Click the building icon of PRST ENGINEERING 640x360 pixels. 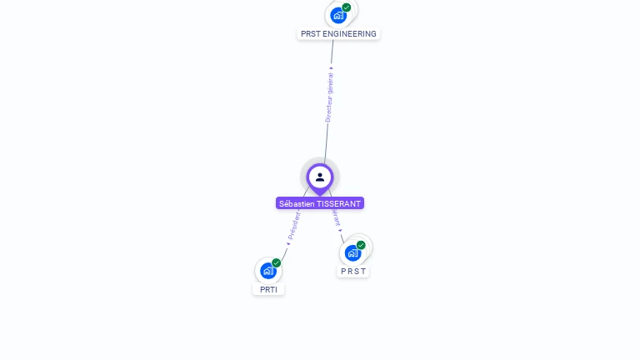point(337,15)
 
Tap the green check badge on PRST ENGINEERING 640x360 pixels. point(347,7)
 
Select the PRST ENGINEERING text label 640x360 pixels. point(338,34)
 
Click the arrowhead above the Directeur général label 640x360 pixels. point(331,68)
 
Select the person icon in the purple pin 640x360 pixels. point(320,177)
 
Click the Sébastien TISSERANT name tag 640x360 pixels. point(320,203)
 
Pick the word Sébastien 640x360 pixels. point(297,203)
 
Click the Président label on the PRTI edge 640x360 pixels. point(294,225)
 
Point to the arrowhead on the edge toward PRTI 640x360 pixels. point(288,243)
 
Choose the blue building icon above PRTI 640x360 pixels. point(267,271)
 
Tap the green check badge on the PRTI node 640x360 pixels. point(277,263)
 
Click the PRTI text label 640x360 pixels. point(268,290)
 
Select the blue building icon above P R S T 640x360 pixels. point(352,252)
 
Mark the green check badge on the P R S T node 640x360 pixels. point(361,245)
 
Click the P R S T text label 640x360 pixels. point(353,272)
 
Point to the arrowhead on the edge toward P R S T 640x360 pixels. point(340,230)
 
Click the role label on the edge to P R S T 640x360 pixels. point(336,217)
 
